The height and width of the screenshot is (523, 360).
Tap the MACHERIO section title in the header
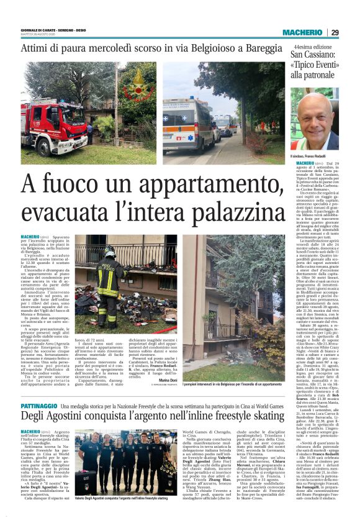click(x=302, y=32)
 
